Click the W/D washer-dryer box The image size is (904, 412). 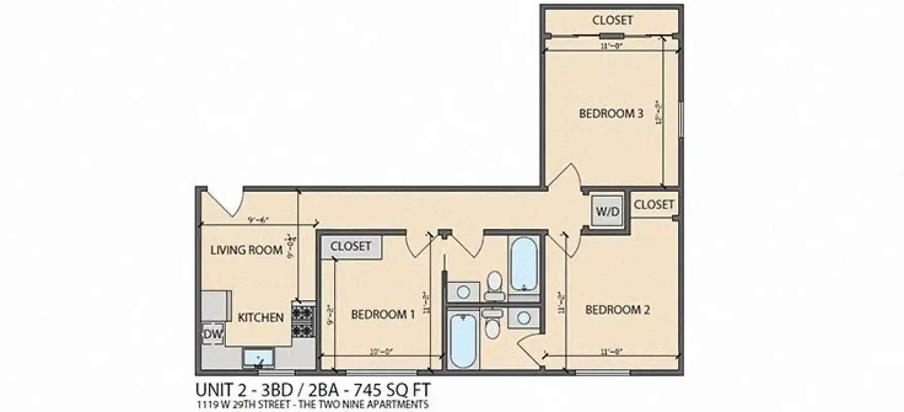coord(607,211)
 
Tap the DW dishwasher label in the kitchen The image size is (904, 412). coord(213,334)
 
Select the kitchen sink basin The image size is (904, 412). coord(259,357)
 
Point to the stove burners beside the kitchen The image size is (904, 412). coord(303,320)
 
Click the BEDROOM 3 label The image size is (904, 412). coord(611,114)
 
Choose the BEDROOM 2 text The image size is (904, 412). coord(617,310)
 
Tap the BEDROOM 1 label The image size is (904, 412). coord(383,314)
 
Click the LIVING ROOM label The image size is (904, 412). coord(246,250)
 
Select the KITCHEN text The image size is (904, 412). coord(261,318)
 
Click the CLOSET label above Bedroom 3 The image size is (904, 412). coord(612,20)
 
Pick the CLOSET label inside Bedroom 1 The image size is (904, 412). coord(351,247)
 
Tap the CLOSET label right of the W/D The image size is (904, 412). coord(654,204)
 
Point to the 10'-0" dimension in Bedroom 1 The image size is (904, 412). coord(381,352)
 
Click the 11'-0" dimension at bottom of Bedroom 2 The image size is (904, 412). coord(611,352)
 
